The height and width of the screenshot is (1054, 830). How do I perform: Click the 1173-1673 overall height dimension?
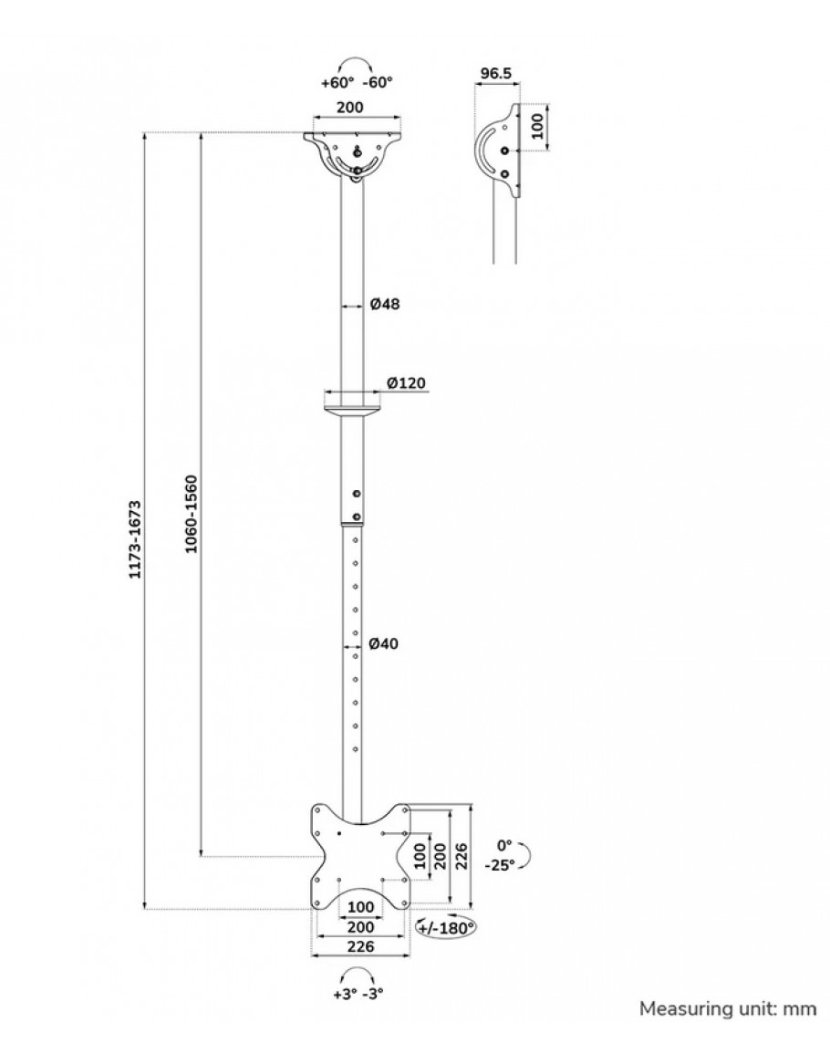[x=134, y=538]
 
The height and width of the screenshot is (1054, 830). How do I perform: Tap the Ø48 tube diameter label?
[x=386, y=305]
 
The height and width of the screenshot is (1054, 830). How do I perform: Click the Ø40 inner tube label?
[x=385, y=644]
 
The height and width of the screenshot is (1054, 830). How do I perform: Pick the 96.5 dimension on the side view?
[x=495, y=72]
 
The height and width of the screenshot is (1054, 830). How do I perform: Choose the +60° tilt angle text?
[x=337, y=82]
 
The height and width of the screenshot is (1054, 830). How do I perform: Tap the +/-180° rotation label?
[x=448, y=928]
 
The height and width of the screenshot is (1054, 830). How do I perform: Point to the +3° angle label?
[x=345, y=994]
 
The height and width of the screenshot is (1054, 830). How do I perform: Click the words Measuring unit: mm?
[x=727, y=1008]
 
